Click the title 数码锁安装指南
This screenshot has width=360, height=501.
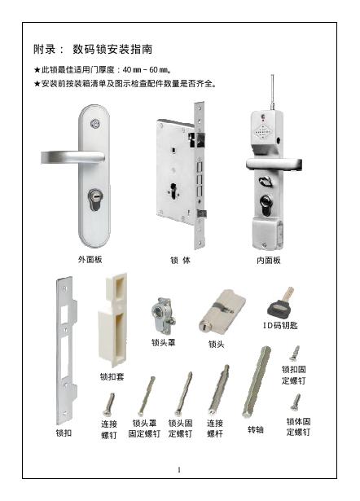pyautogui.click(x=112, y=49)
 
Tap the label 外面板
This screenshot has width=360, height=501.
pyautogui.click(x=90, y=259)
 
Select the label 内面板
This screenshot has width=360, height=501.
pyautogui.click(x=268, y=260)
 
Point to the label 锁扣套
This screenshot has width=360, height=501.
pyautogui.click(x=112, y=376)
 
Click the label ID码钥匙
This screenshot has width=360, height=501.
pyautogui.click(x=280, y=325)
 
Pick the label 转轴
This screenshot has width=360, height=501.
pyautogui.click(x=256, y=429)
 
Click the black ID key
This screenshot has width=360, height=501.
pyautogui.click(x=280, y=302)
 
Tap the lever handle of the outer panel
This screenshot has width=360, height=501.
pyautogui.click(x=72, y=157)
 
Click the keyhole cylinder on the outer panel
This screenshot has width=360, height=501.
pyautogui.click(x=95, y=200)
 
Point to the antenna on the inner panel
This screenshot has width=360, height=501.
pyautogui.click(x=273, y=92)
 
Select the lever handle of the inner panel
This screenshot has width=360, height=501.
pyautogui.click(x=274, y=164)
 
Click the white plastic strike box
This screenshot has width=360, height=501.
pyautogui.click(x=112, y=320)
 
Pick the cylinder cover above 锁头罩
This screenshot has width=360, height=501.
pyautogui.click(x=163, y=316)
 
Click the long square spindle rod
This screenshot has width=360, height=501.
pyautogui.click(x=257, y=382)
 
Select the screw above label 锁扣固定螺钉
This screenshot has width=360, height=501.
pyautogui.click(x=295, y=353)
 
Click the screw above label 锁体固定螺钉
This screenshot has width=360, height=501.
pyautogui.click(x=296, y=402)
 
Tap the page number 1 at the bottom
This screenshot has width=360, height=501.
pyautogui.click(x=179, y=470)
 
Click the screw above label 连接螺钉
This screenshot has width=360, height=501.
pyautogui.click(x=108, y=404)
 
